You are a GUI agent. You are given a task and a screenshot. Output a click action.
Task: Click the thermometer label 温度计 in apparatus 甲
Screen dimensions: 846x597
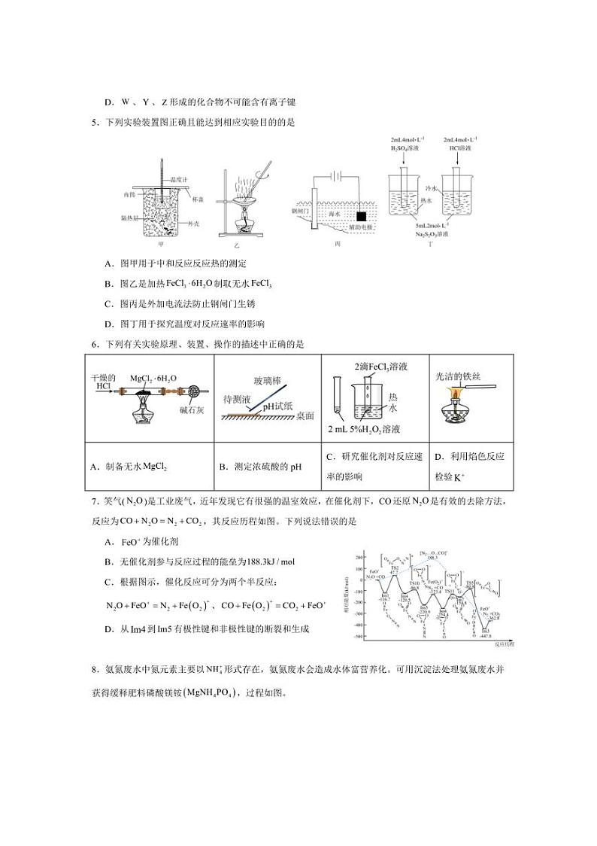tap(179, 180)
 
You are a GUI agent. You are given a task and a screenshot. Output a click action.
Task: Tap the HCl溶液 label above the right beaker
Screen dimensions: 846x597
tap(459, 148)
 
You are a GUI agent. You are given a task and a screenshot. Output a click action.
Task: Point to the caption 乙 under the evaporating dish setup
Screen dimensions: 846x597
tap(235, 245)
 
